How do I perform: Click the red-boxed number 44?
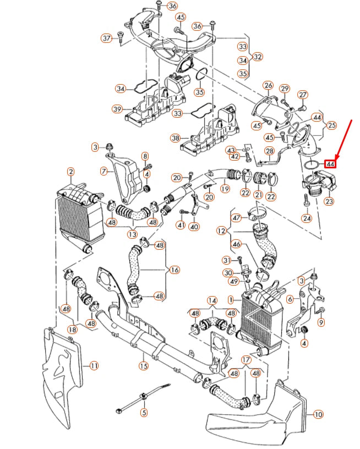pyautogui.click(x=330, y=163)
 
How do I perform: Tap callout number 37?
pyautogui.click(x=107, y=38)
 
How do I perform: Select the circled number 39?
pyautogui.click(x=117, y=109)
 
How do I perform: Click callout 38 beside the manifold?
pyautogui.click(x=176, y=138)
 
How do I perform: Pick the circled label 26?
pyautogui.click(x=268, y=86)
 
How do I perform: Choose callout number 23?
pyautogui.click(x=329, y=202)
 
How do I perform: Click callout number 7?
pyautogui.click(x=103, y=172)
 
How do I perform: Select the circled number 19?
pyautogui.click(x=225, y=189)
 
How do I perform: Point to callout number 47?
pyautogui.click(x=237, y=218)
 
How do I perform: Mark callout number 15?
pyautogui.click(x=143, y=365)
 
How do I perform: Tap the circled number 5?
pyautogui.click(x=144, y=412)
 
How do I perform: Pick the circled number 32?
pyautogui.click(x=258, y=56)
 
